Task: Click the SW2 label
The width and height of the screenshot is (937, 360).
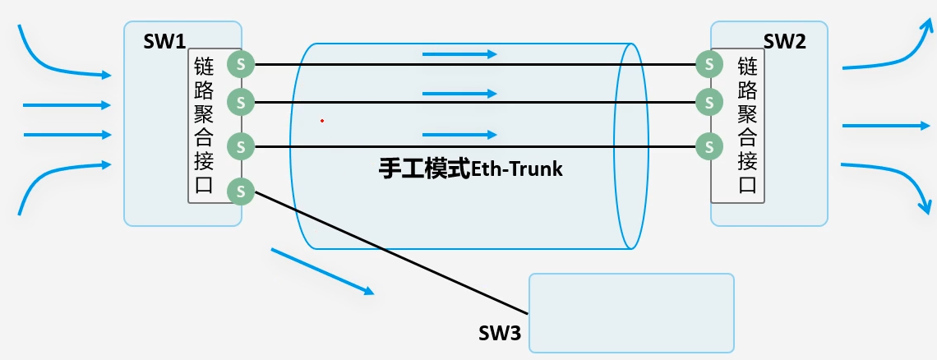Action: [784, 42]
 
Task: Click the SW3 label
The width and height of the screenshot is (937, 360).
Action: [499, 334]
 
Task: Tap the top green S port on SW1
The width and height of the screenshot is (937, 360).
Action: [241, 63]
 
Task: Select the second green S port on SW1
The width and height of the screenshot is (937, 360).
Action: [241, 103]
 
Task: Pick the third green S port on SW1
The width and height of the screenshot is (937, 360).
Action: [241, 147]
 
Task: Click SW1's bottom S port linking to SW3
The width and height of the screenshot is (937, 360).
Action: [241, 192]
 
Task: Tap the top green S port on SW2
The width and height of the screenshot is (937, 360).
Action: [707, 63]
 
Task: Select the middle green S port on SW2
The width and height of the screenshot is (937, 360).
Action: [707, 103]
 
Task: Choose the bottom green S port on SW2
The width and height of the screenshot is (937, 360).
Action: [707, 147]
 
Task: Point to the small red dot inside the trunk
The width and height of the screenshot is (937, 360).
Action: [322, 121]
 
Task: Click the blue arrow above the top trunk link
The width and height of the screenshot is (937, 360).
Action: [459, 54]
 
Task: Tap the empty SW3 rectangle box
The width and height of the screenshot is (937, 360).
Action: [630, 313]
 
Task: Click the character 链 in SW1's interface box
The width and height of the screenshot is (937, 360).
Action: [204, 66]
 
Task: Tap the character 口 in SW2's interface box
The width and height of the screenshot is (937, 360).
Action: [747, 183]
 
